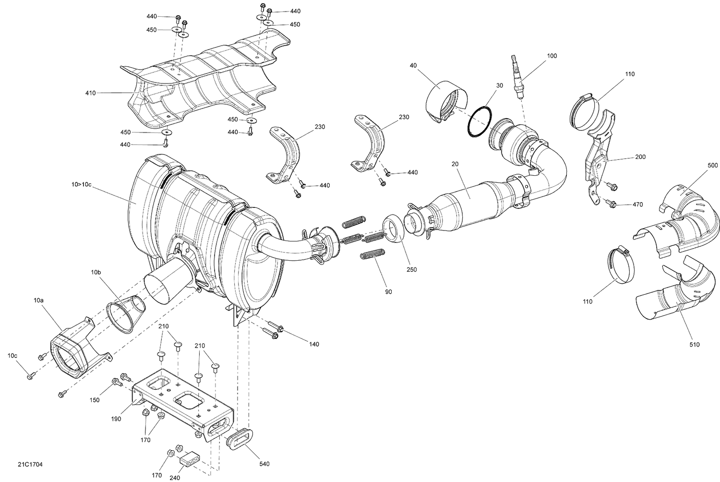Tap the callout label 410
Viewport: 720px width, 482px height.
(91, 93)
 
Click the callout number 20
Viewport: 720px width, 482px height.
(455, 164)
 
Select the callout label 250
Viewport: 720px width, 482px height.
(411, 270)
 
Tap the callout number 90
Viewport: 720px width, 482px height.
(388, 292)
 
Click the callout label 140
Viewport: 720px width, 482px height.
(314, 344)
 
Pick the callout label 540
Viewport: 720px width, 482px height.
(264, 464)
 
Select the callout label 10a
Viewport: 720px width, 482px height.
(38, 300)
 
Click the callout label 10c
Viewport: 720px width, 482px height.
(12, 356)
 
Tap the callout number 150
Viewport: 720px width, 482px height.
(95, 400)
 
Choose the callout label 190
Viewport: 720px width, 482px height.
(117, 419)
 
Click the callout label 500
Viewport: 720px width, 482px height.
(713, 165)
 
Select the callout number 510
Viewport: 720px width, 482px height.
(695, 344)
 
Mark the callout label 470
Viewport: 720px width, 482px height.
(637, 205)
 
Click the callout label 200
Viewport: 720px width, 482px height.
(640, 157)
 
